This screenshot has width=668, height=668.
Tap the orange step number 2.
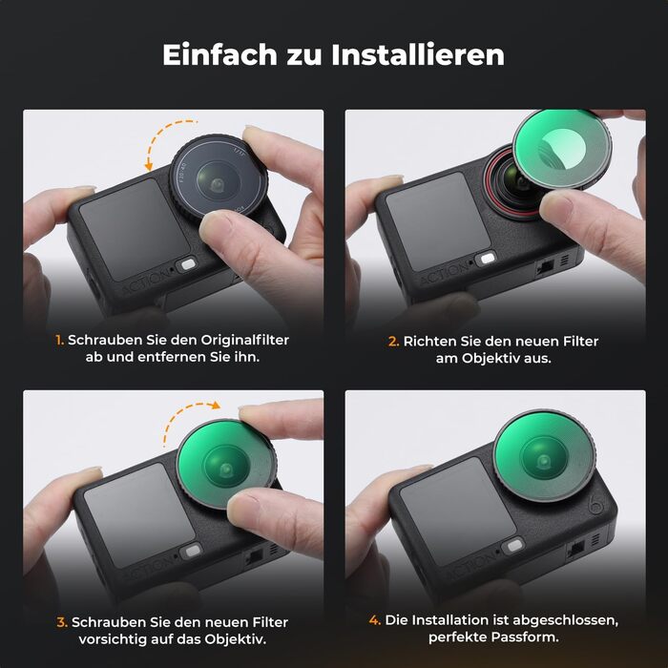(x=393, y=341)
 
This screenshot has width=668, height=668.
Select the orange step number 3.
(x=62, y=621)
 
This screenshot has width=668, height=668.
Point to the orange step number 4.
(x=375, y=620)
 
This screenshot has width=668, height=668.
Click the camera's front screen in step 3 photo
(x=130, y=507)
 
